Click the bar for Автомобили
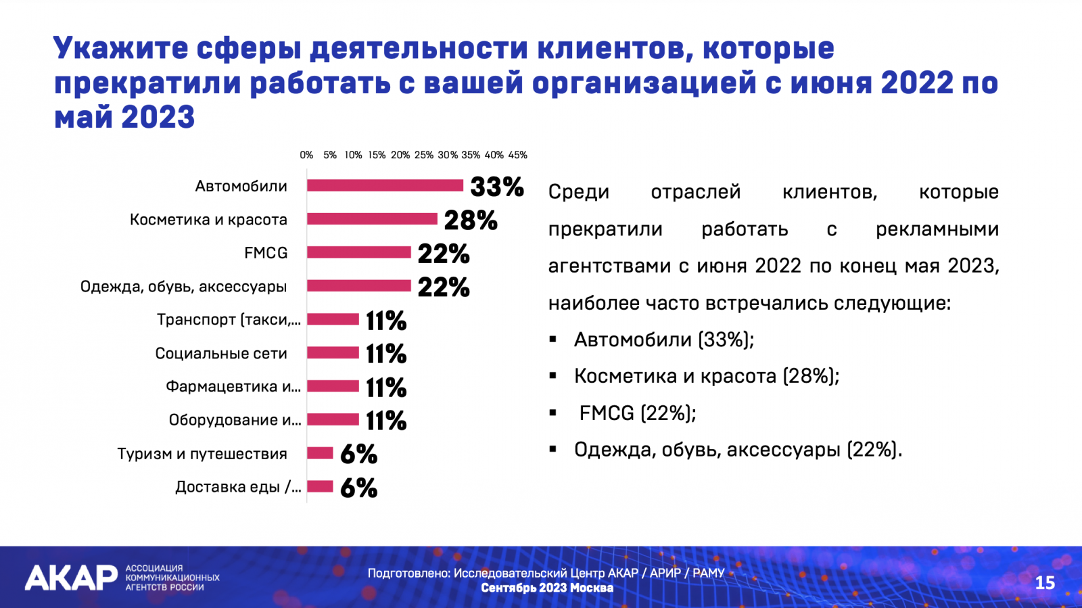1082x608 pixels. point(385,185)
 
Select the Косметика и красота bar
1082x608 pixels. point(372,219)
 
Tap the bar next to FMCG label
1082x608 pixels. point(359,252)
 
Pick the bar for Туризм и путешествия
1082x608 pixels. point(320,453)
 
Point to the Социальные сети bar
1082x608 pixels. point(333,352)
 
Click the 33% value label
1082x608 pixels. point(496,187)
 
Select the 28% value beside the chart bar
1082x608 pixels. point(470,220)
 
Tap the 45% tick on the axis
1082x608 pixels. point(517,155)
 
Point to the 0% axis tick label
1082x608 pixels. point(306,155)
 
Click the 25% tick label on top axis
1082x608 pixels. point(423,155)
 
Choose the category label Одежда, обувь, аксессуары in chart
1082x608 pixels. point(183,287)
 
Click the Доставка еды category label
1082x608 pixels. point(237,487)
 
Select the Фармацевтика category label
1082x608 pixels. point(233,387)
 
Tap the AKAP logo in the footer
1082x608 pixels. point(71,578)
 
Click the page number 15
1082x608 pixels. point(1044,583)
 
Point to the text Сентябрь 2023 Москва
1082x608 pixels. point(547,588)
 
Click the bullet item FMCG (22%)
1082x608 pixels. point(637,413)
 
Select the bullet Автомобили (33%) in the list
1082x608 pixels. point(663,340)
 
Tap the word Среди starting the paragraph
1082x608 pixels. point(578,192)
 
